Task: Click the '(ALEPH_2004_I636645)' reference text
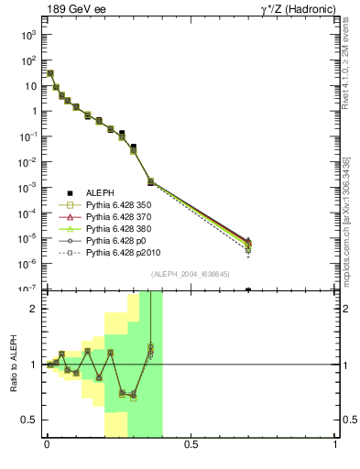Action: pyautogui.click(x=191, y=274)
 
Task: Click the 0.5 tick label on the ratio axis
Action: pyautogui.click(x=28, y=420)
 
